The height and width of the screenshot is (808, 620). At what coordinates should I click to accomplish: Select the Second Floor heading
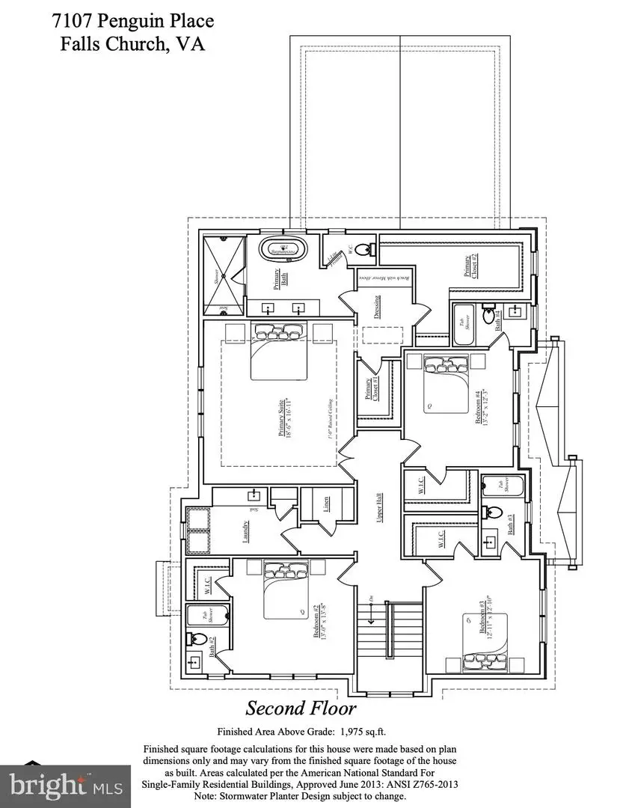tap(301, 708)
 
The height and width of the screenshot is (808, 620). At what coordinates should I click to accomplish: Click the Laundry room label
tap(245, 527)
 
